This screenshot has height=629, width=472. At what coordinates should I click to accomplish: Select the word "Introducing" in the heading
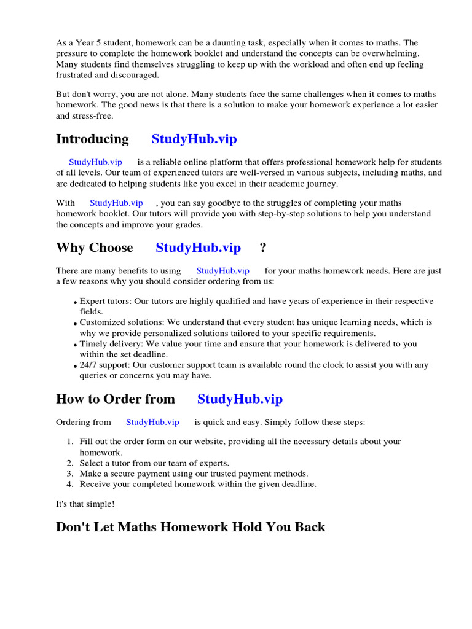click(92, 139)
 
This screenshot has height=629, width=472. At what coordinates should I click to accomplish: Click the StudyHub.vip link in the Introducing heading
click(194, 139)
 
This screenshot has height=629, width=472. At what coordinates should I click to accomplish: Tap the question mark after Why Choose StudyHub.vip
click(263, 248)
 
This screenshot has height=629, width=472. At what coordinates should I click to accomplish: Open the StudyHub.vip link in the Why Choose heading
click(198, 248)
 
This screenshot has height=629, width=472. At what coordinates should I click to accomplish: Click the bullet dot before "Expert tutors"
click(75, 303)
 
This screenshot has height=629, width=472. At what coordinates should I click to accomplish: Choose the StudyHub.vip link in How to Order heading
click(240, 399)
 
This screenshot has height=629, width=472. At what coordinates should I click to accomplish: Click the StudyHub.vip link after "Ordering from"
click(152, 422)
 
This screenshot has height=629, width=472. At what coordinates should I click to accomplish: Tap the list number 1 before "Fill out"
click(69, 442)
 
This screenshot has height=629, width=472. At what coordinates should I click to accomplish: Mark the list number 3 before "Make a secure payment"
click(69, 474)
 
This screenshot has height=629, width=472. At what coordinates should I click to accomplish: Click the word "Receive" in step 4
click(95, 484)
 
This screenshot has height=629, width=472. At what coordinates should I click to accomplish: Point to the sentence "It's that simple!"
click(85, 504)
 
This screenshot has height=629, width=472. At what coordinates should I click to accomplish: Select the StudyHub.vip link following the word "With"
click(116, 203)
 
